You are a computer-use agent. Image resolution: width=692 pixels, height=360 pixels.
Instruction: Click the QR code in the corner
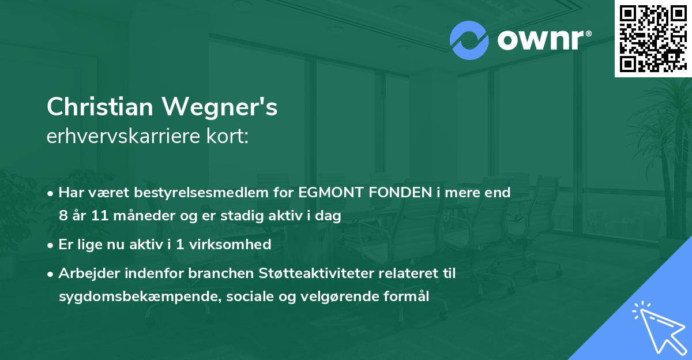[653, 38]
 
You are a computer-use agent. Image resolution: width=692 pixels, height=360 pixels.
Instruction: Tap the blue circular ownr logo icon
[469, 40]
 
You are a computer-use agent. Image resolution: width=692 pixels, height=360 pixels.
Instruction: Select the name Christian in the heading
[101, 108]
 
